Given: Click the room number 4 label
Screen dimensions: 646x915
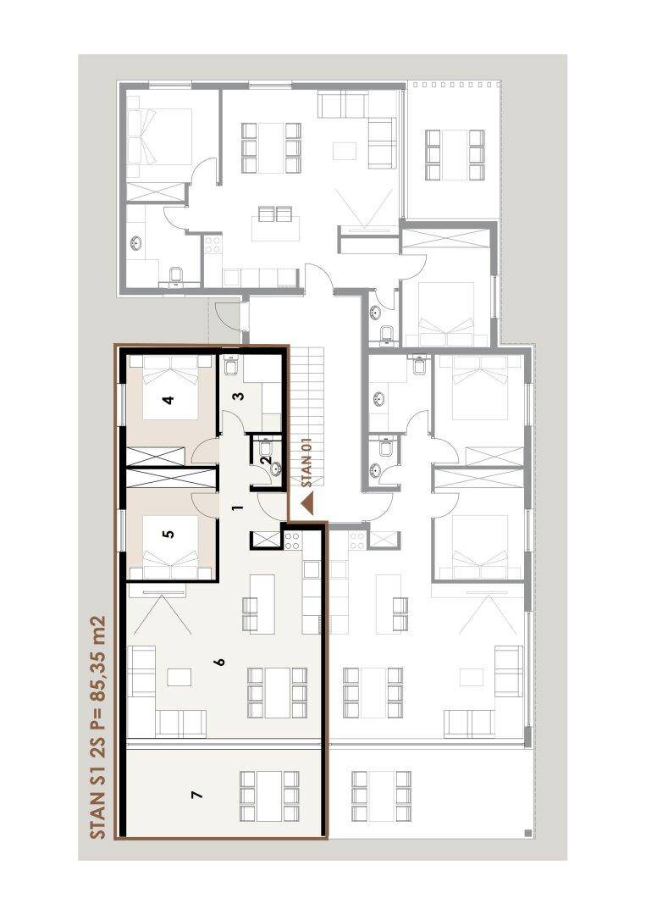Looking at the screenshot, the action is pos(168,400).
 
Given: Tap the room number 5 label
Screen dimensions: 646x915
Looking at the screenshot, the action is pos(168,534).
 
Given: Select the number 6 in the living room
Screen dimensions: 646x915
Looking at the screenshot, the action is pos(219,662).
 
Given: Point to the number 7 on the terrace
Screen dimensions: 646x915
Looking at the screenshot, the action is pos(197,795).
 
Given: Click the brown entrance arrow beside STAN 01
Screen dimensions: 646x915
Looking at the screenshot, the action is pos(306,504).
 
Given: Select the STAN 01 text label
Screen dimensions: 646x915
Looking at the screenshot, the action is pos(307,463).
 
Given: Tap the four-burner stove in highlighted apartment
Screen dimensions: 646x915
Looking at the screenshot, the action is pos(292,541).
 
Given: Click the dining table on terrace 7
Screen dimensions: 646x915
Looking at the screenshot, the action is pos(270,796).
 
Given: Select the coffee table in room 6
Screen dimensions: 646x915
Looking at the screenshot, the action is pos(179,677).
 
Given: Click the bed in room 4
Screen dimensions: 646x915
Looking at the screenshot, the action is pos(169,387).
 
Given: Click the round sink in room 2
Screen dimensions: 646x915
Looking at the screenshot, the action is pos(274,469).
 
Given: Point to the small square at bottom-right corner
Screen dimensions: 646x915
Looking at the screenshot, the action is pos(527,833).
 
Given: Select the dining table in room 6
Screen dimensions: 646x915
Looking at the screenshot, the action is pos(278,693).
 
